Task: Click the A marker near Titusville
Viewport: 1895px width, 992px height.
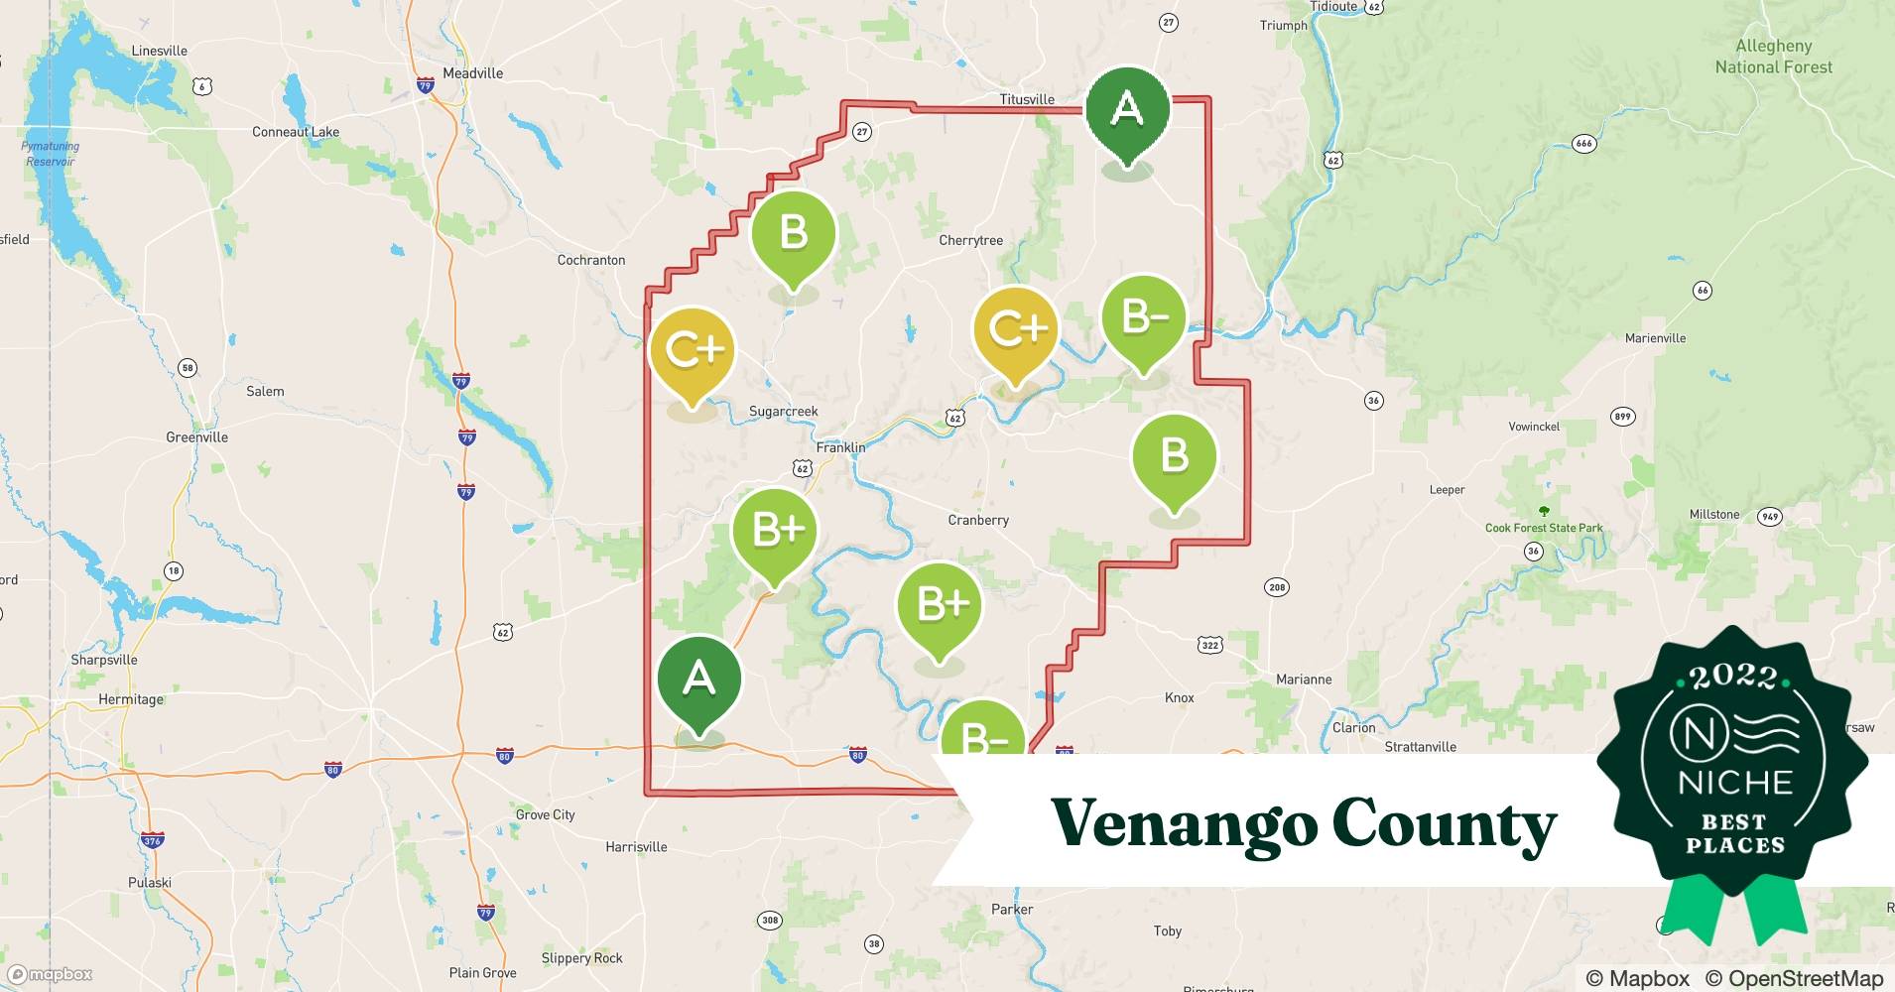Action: (x=1127, y=109)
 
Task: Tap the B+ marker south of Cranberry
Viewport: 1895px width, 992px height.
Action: (x=939, y=604)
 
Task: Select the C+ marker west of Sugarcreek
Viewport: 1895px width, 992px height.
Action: (x=692, y=349)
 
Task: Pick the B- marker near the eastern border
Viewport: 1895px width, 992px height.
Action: (x=1143, y=317)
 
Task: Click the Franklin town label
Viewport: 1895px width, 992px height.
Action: (x=840, y=447)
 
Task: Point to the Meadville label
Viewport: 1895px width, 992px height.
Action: (x=472, y=73)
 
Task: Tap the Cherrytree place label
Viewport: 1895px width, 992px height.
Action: (x=970, y=240)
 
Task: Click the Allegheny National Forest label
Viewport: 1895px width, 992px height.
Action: (x=1773, y=57)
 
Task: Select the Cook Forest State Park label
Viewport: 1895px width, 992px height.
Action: (x=1543, y=528)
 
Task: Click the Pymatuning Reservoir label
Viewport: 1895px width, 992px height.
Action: (x=50, y=154)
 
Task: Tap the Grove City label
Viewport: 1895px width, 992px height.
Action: (x=545, y=814)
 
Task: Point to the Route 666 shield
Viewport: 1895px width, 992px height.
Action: (x=1583, y=144)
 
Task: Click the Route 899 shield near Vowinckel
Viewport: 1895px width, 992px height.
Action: (x=1622, y=417)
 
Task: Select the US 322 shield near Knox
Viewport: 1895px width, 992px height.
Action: (x=1209, y=645)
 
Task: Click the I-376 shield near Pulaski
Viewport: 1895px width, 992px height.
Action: (x=151, y=841)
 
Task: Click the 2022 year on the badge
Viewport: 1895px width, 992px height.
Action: (x=1733, y=677)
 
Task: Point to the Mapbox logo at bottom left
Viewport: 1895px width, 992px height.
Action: (x=50, y=974)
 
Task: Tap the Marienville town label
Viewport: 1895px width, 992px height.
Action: (x=1655, y=338)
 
